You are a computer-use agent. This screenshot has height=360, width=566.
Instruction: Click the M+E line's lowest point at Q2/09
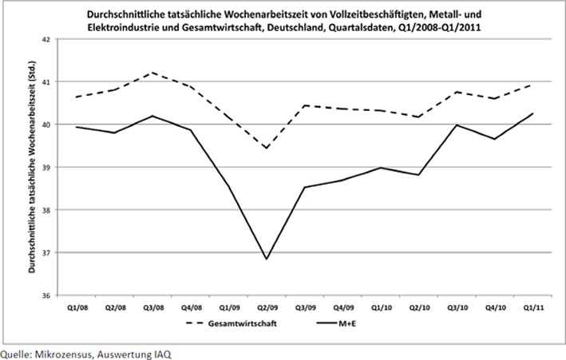pos(267,259)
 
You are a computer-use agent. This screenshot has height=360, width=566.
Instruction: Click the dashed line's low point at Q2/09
pos(267,148)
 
